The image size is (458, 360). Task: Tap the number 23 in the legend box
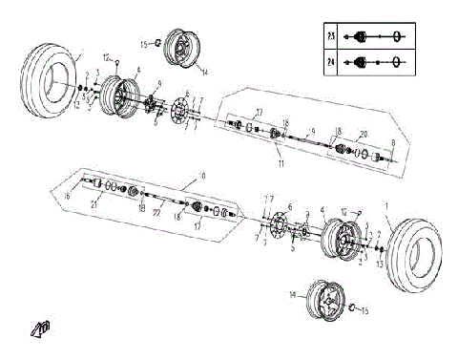[331, 36]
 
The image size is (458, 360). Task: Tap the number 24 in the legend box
[331, 63]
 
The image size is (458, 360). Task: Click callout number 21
[94, 204]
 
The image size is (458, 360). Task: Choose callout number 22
[156, 213]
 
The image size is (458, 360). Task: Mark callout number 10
[200, 175]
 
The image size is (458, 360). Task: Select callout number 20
[363, 135]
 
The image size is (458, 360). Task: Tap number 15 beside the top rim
[145, 43]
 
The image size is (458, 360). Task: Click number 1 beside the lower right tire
[386, 206]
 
